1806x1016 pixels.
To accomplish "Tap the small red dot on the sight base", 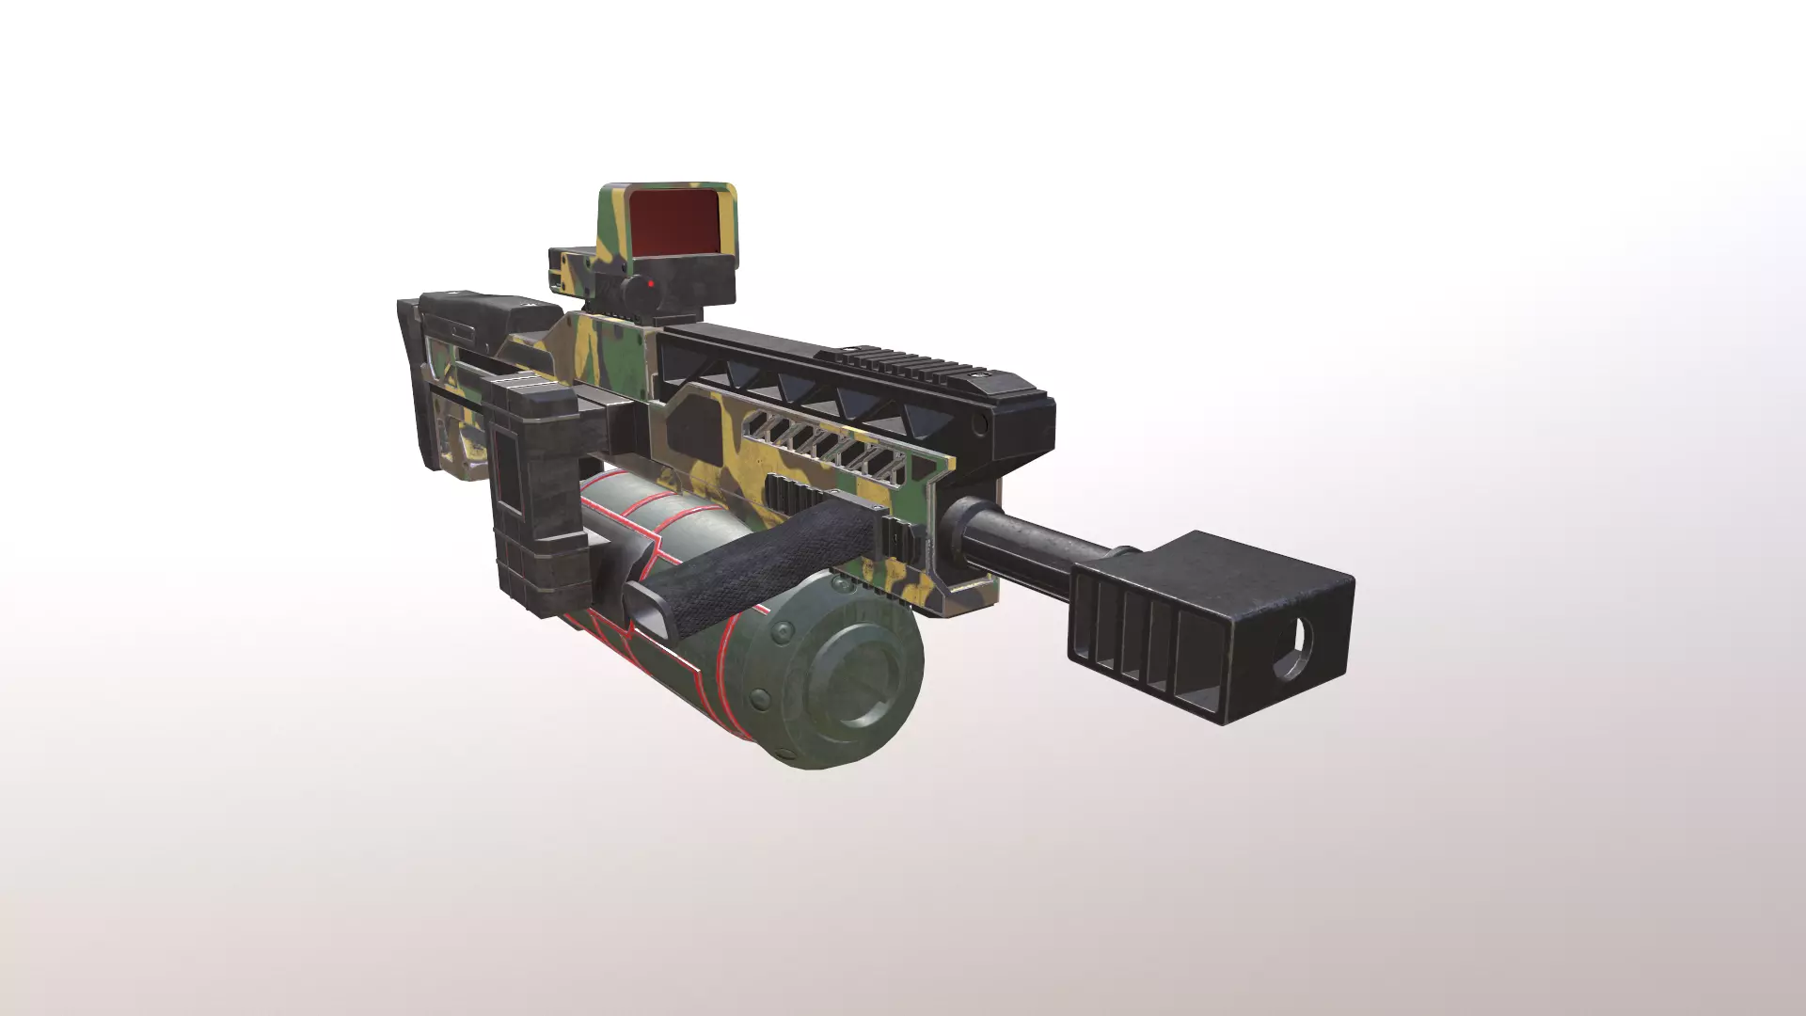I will [650, 280].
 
